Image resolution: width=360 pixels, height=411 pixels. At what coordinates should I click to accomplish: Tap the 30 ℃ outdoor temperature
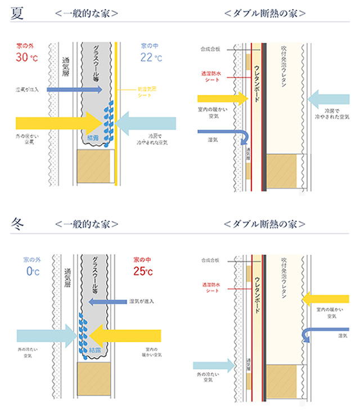click(30, 57)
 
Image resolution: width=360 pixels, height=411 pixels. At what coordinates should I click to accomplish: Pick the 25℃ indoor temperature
click(142, 272)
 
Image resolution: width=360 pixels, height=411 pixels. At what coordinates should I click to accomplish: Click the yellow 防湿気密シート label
click(148, 91)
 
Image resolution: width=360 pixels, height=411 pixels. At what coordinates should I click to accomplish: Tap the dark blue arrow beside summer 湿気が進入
click(74, 90)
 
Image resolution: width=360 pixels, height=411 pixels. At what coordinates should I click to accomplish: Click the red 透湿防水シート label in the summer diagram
click(213, 77)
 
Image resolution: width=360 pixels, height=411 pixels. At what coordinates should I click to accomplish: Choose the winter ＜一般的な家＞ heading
click(87, 224)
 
